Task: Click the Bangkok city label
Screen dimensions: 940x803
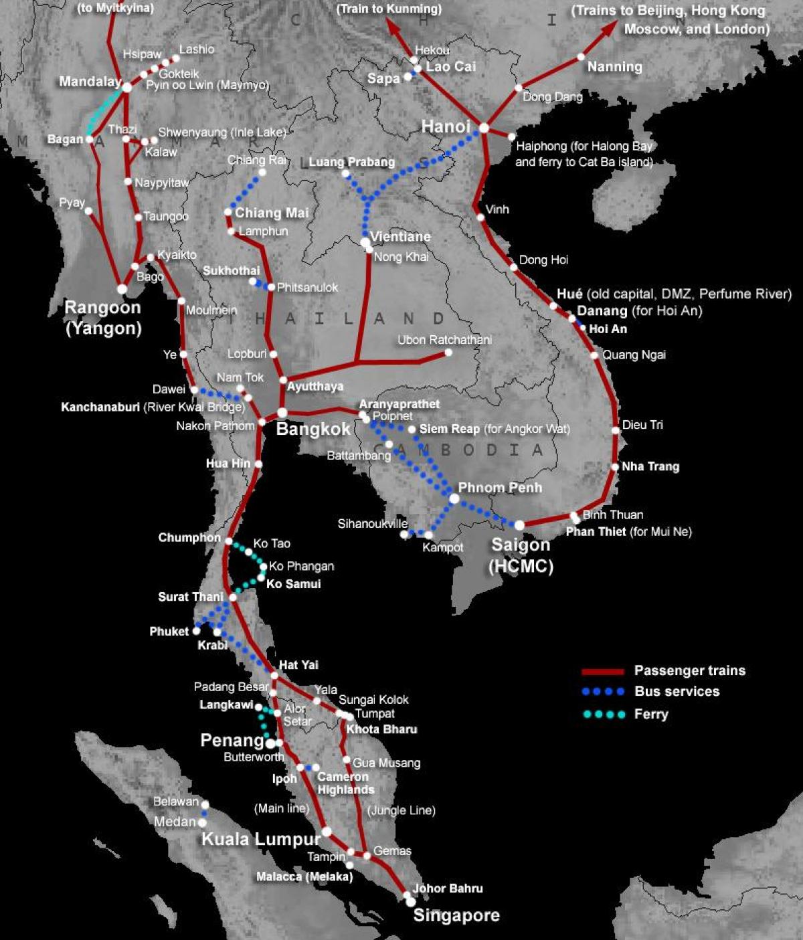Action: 313,429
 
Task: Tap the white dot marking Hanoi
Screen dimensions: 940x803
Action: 484,128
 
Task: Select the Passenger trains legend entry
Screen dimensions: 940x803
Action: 689,670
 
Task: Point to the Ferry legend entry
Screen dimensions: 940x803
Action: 650,714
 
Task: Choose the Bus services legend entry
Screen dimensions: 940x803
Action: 677,692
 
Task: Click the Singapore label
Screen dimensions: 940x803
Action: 456,915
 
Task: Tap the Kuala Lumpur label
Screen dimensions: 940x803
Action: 262,839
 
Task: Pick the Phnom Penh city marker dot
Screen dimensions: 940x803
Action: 454,498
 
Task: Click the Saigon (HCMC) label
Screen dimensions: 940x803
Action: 521,555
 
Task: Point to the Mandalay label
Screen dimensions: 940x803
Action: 90,82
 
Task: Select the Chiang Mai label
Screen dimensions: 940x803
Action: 272,213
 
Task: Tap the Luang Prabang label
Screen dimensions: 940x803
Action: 351,162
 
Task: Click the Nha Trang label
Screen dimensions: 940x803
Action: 650,466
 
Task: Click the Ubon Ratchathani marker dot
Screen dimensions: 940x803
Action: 448,353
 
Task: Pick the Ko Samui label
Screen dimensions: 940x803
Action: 293,584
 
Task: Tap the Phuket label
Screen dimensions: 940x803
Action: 169,631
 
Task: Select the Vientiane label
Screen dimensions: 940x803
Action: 400,237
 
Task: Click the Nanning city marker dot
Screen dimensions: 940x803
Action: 581,57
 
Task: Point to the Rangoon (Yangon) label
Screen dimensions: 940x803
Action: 103,318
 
